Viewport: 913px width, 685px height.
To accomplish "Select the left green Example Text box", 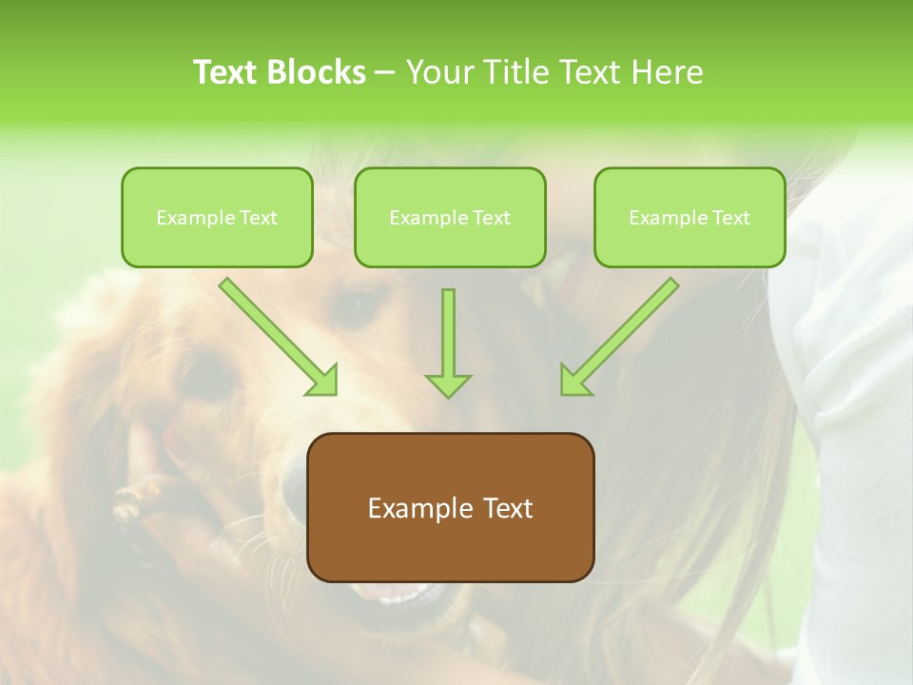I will (217, 218).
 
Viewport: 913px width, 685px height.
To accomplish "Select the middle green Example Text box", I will (450, 218).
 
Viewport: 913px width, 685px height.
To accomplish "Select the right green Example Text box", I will (690, 218).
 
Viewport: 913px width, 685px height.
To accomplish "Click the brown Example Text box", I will (450, 507).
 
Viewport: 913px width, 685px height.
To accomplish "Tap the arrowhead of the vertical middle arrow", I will (448, 384).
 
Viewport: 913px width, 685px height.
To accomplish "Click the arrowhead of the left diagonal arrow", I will (323, 381).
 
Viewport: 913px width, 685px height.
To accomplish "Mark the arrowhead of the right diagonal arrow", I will (574, 381).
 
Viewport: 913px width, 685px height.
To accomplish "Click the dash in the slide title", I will (385, 73).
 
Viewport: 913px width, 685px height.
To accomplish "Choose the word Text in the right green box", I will (731, 218).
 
